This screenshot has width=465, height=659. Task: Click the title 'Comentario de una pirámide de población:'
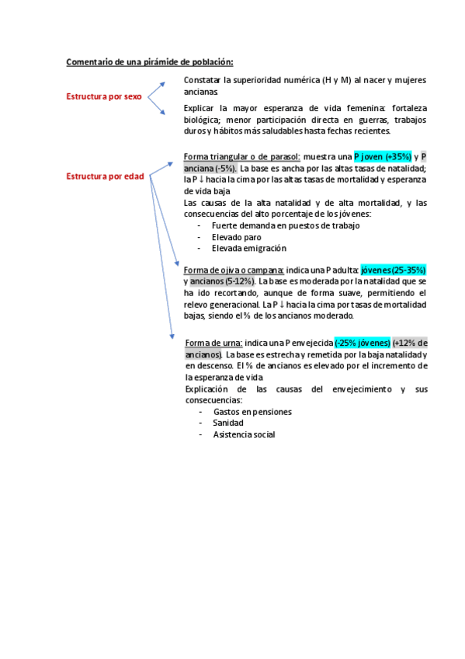click(x=149, y=61)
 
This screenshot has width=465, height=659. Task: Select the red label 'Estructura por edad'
click(x=105, y=176)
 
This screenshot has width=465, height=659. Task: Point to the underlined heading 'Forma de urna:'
click(x=214, y=343)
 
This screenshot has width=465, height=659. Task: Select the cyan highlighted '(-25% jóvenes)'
click(x=363, y=343)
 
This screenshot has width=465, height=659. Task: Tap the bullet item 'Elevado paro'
click(x=236, y=237)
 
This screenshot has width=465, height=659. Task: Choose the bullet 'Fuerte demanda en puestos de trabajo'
click(x=285, y=225)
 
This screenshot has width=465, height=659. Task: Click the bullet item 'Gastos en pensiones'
click(x=252, y=412)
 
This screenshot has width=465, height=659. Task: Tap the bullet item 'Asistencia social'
click(x=244, y=435)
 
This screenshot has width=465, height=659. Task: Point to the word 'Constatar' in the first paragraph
click(x=201, y=80)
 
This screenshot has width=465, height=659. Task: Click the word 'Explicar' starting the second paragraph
click(x=200, y=108)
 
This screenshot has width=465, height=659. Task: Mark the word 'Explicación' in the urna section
click(x=209, y=389)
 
